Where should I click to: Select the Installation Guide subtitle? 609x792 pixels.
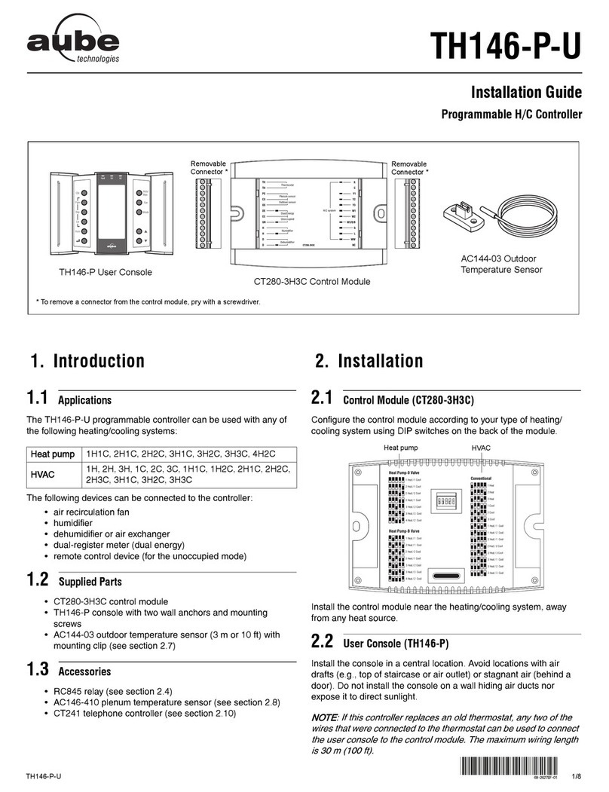[526, 93]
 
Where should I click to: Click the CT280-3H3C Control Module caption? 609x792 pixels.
[310, 282]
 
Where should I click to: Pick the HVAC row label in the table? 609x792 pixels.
[42, 475]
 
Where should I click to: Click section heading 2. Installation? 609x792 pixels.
[369, 361]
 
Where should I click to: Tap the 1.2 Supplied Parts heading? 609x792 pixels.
[73, 583]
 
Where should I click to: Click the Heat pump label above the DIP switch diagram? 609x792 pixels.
[401, 448]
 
